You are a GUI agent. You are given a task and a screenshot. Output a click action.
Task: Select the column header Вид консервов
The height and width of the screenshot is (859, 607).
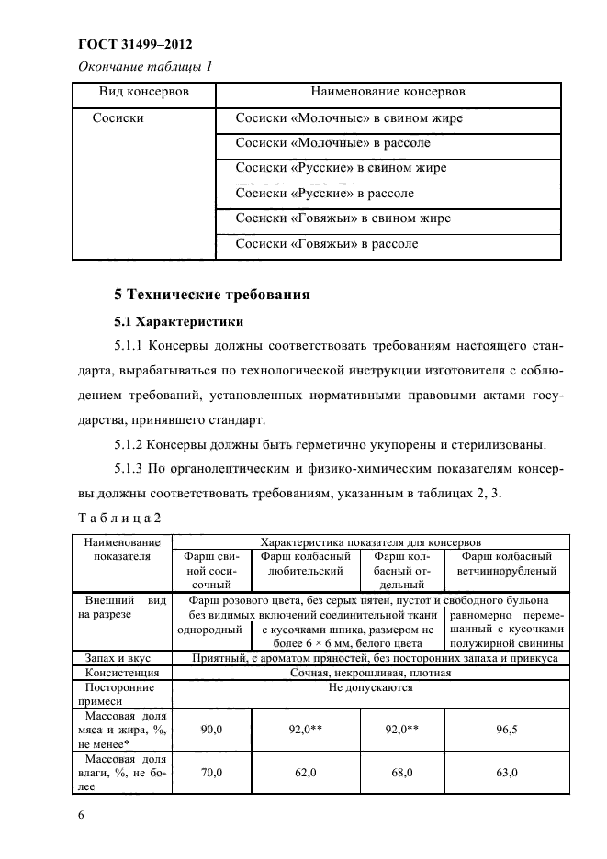click(x=144, y=94)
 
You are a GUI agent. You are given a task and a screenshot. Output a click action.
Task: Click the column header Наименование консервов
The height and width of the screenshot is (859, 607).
click(x=388, y=94)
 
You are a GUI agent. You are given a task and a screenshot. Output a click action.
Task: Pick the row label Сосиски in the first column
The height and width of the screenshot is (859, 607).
click(x=118, y=118)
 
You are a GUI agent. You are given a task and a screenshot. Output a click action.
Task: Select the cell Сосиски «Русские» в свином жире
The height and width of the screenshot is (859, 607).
click(x=341, y=169)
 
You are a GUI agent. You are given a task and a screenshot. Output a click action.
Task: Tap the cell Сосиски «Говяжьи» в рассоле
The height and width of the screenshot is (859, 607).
click(x=326, y=244)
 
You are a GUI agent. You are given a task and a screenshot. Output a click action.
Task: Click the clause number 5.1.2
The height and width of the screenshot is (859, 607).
click(x=134, y=447)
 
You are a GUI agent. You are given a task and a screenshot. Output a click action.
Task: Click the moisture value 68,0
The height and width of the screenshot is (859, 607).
click(x=401, y=774)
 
